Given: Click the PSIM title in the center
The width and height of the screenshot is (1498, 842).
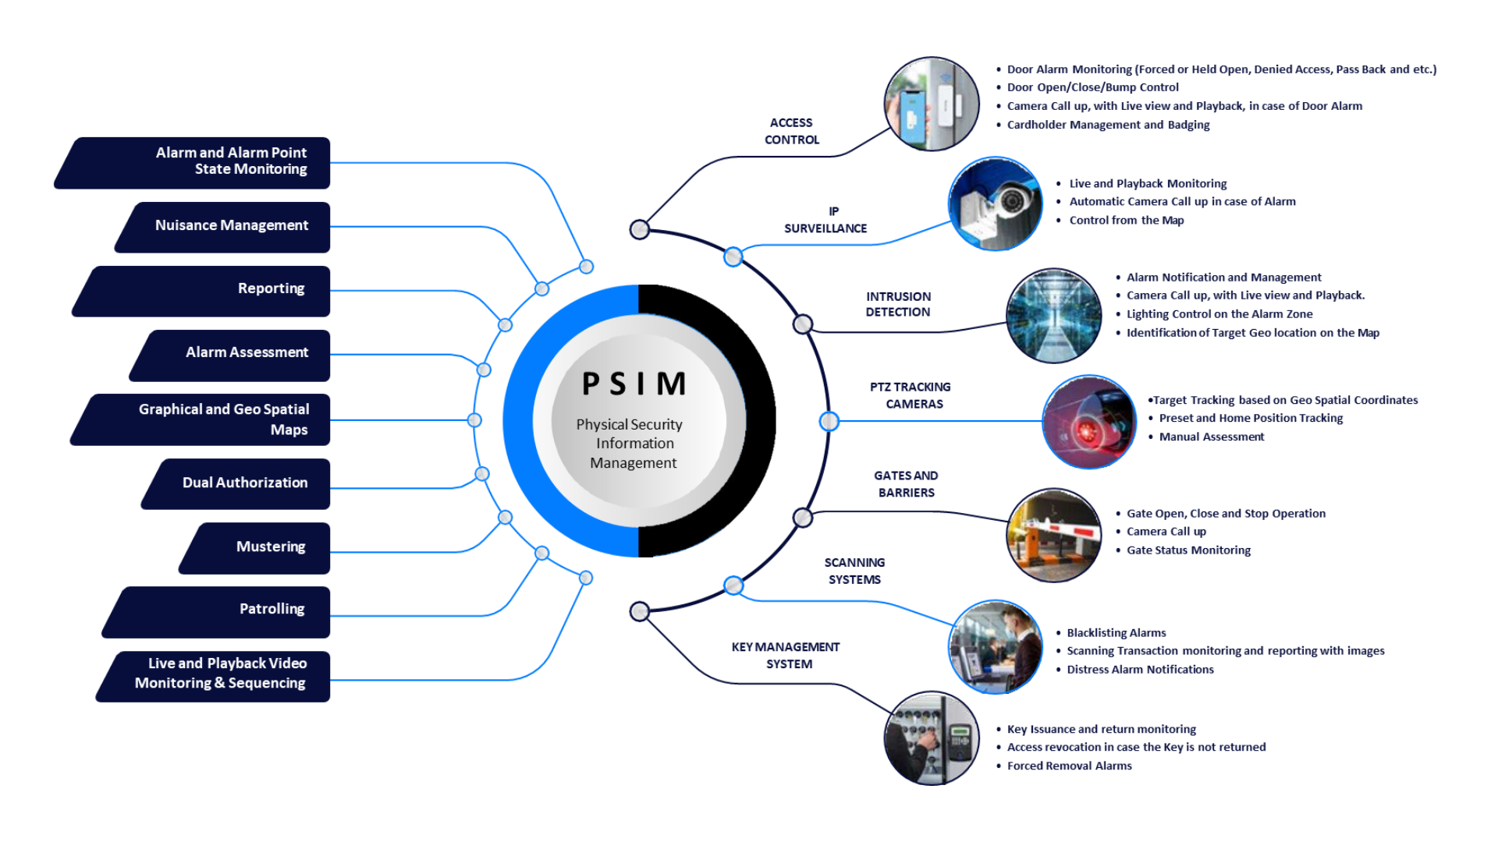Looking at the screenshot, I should tap(634, 384).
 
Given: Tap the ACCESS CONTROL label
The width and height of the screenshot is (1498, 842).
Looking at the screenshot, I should tap(791, 131).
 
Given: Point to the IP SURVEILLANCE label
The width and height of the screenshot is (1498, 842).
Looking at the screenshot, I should tap(825, 220).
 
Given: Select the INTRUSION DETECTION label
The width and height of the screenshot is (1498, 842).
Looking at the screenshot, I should tap(898, 304).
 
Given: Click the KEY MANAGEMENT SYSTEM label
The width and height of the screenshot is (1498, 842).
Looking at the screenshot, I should tap(786, 655).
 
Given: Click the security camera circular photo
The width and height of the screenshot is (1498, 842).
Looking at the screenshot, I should tap(995, 203).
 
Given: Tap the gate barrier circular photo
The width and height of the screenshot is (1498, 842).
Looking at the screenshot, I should tap(1053, 535).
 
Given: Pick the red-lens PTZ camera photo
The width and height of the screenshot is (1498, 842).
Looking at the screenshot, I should tap(1089, 422).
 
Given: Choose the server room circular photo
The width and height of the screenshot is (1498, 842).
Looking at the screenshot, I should tap(1053, 315).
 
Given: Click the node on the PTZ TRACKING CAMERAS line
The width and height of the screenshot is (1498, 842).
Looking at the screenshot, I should tap(829, 421).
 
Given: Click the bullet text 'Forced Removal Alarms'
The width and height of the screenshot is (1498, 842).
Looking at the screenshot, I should tap(1069, 766).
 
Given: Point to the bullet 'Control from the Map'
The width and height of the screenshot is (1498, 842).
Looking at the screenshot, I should tap(1126, 221).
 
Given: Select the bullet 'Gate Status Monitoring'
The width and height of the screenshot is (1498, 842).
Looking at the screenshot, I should tap(1187, 550).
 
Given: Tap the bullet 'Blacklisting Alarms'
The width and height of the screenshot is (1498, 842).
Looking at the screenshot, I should tap(1116, 633).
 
